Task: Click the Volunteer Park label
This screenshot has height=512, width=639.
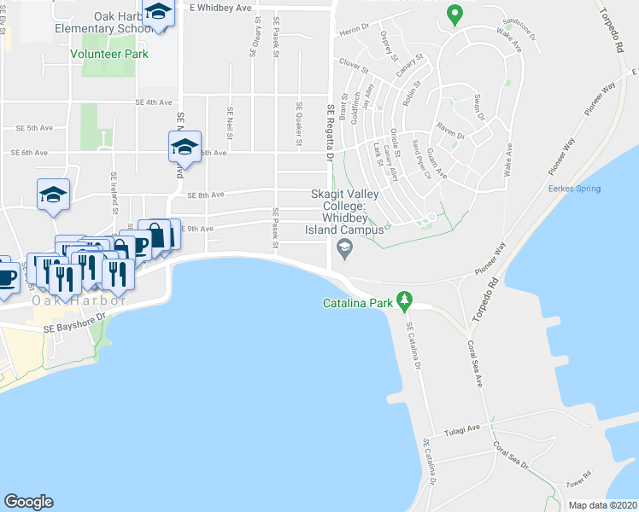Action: [x=108, y=55]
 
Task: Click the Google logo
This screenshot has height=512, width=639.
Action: [x=28, y=502]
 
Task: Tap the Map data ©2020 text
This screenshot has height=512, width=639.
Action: [x=603, y=505]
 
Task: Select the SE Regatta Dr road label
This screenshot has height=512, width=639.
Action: [x=330, y=131]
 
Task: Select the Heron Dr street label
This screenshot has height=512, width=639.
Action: [x=353, y=32]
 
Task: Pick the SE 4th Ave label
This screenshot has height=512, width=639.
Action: [x=154, y=102]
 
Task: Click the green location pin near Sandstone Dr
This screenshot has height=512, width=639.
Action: [x=455, y=15]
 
